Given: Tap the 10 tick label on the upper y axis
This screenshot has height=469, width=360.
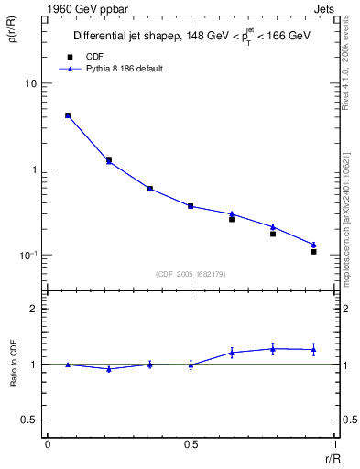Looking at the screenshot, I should (x=30, y=83).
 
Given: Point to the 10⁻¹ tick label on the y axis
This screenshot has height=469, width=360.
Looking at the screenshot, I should (x=27, y=255).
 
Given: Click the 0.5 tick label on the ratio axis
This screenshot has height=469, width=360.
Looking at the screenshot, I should (x=30, y=420).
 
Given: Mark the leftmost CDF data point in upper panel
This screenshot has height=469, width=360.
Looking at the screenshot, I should (x=68, y=115).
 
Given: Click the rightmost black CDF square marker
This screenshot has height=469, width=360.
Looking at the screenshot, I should (x=313, y=251).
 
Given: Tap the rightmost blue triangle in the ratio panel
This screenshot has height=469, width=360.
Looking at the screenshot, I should (x=313, y=349).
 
